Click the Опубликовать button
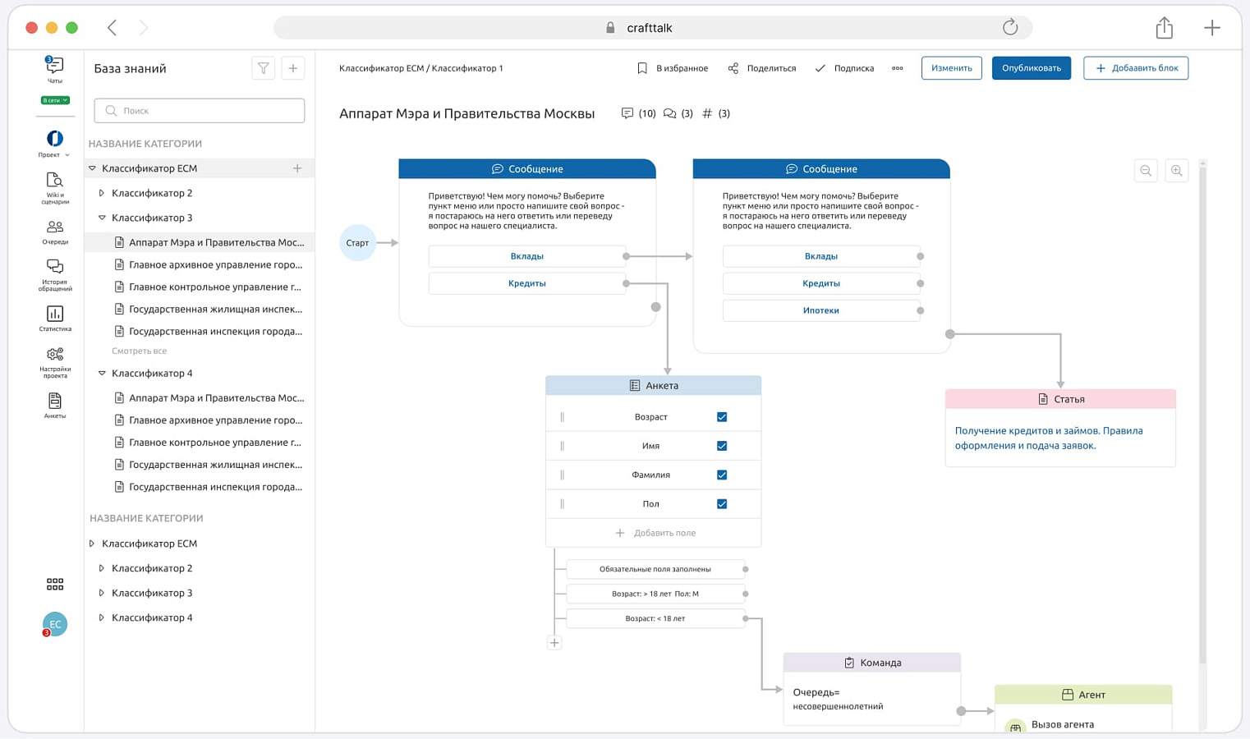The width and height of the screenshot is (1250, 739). click(x=1032, y=68)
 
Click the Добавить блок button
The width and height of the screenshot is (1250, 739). click(x=1136, y=68)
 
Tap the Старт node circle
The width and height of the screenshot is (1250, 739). click(x=357, y=242)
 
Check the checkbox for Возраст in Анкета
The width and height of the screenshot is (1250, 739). click(x=722, y=416)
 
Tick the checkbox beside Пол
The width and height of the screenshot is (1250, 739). click(x=722, y=503)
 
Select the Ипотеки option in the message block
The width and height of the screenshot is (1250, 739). click(x=820, y=310)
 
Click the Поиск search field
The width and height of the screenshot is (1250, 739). click(x=200, y=110)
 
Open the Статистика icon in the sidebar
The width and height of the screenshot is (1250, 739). click(x=55, y=318)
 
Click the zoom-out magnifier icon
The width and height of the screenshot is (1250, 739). click(x=1146, y=171)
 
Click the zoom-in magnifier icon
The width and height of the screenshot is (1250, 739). click(x=1176, y=171)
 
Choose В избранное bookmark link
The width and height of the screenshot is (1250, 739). click(x=673, y=68)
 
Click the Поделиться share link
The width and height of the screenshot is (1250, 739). click(x=761, y=68)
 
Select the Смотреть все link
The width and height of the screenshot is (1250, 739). click(x=139, y=351)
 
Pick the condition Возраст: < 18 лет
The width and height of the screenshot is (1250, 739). click(x=655, y=618)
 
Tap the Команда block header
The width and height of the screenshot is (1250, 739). click(x=872, y=663)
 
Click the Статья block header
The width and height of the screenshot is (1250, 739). click(x=1060, y=399)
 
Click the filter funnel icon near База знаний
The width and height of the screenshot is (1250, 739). click(x=263, y=68)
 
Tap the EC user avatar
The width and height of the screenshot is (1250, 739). click(x=55, y=624)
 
